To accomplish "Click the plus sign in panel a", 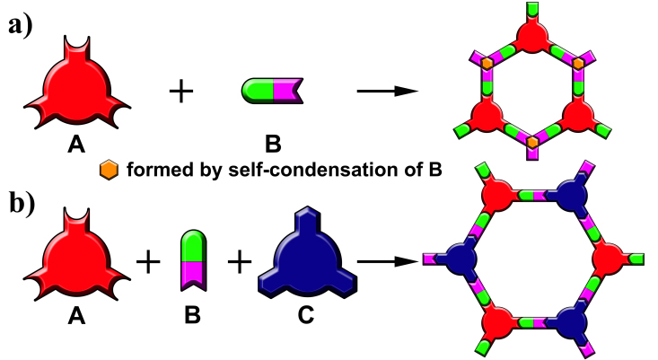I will click(x=182, y=90).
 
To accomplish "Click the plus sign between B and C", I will click(x=239, y=261).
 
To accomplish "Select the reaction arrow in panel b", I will click(x=388, y=261).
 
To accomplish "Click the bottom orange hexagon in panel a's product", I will click(x=533, y=142).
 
